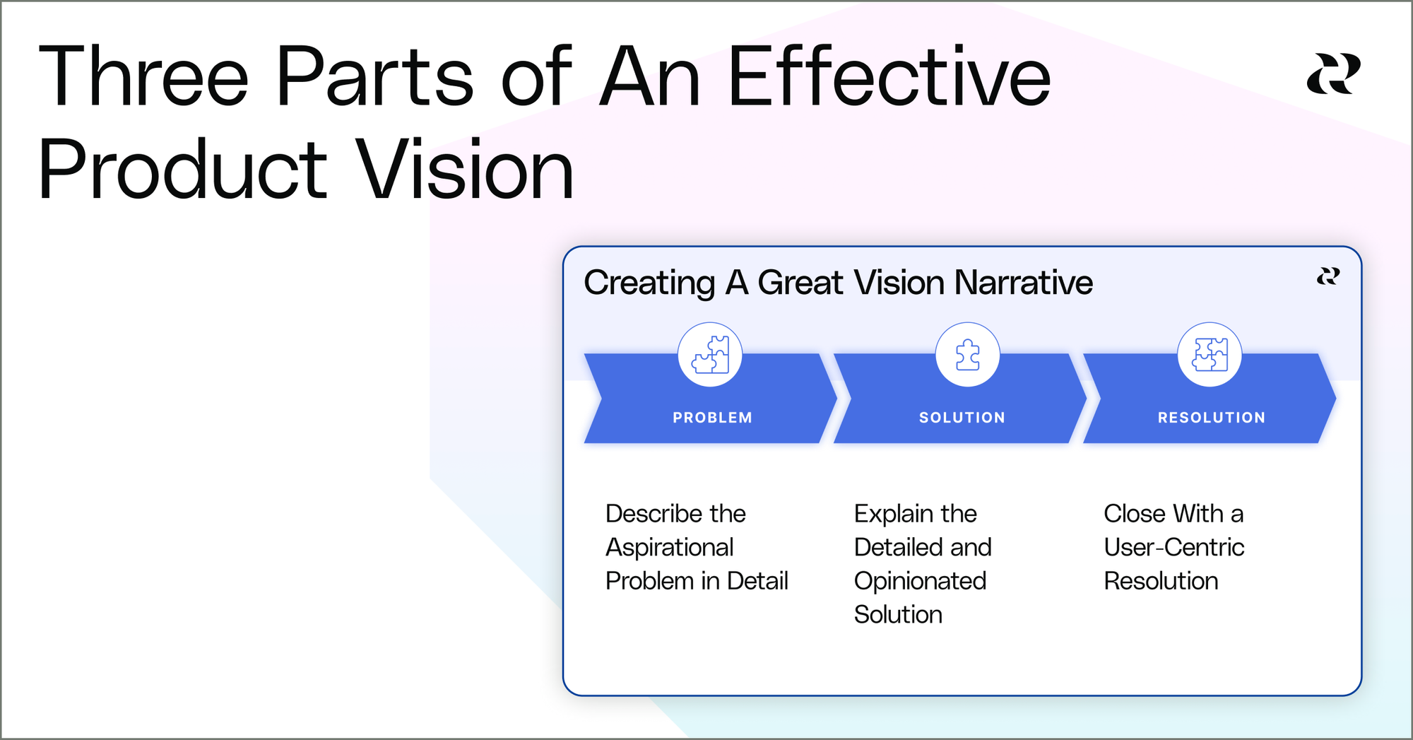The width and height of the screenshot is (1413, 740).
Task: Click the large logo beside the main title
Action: (x=1334, y=74)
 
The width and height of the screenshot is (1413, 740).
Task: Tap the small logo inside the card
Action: (x=1328, y=276)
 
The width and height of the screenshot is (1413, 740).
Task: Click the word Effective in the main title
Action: (x=889, y=76)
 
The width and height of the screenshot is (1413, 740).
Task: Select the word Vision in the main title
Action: (x=464, y=170)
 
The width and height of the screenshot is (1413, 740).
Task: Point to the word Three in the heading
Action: (x=144, y=76)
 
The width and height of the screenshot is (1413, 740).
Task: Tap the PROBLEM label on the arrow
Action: (x=712, y=418)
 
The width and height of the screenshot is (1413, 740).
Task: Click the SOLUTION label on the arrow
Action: (x=962, y=418)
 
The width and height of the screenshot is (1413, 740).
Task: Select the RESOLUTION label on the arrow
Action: (x=1212, y=418)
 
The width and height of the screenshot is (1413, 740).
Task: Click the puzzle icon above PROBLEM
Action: (x=710, y=354)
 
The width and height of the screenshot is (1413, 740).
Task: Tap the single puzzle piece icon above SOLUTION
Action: (x=968, y=355)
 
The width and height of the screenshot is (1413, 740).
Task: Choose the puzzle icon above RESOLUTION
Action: (x=1210, y=354)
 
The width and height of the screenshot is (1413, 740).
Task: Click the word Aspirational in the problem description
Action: (x=670, y=548)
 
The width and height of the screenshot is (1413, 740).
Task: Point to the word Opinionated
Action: (x=920, y=582)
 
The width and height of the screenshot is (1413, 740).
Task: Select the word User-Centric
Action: (x=1174, y=547)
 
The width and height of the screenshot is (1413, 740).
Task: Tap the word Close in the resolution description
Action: (x=1134, y=514)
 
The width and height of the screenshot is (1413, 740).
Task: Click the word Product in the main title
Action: (x=183, y=170)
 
